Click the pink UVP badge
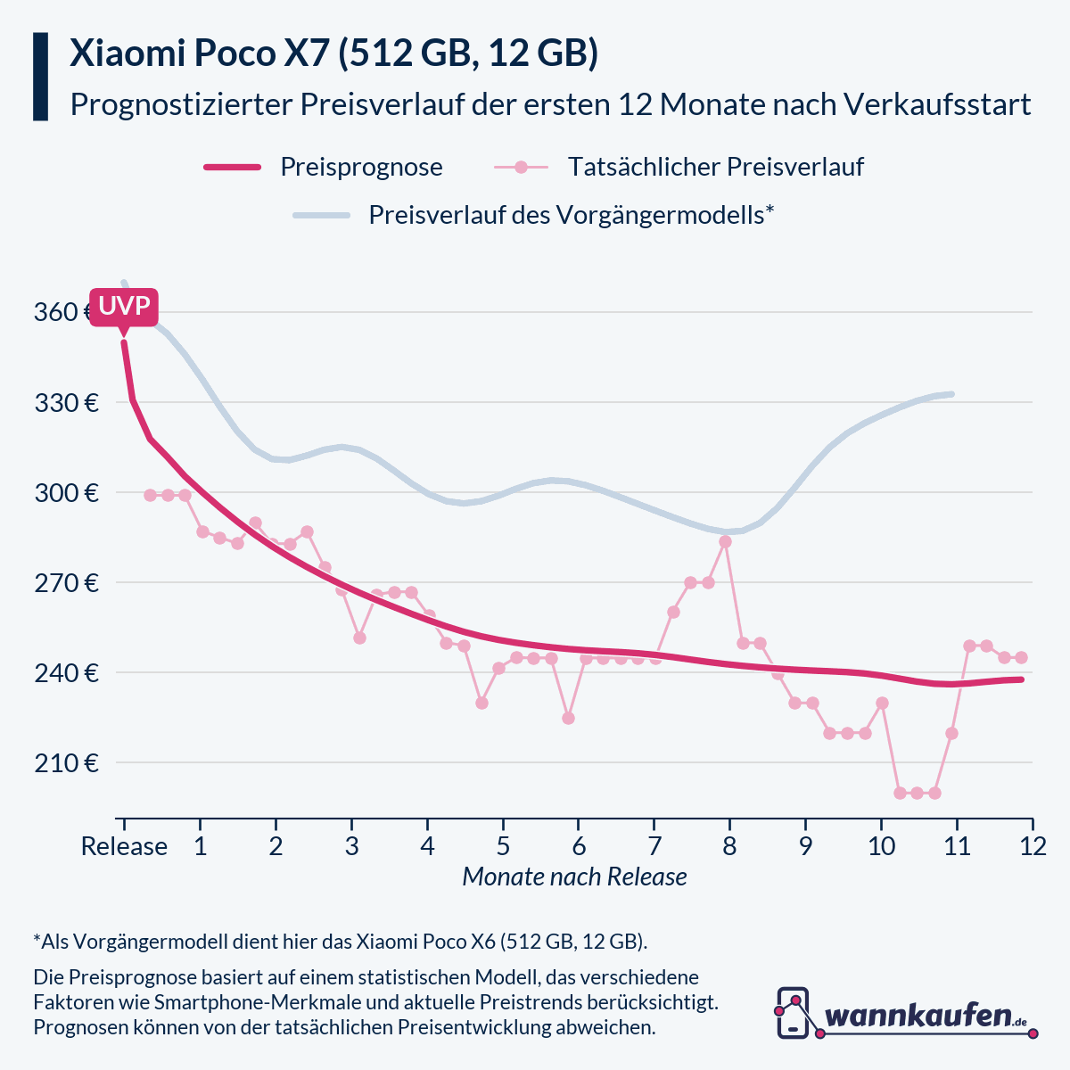(124, 307)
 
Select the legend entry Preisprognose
(360, 167)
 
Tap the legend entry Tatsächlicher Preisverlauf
(715, 167)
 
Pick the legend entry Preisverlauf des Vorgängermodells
(570, 215)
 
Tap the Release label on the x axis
(124, 846)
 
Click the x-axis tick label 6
(579, 846)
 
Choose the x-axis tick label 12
(1033, 846)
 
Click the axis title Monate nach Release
(574, 877)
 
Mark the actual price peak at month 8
(725, 541)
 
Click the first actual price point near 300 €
(150, 495)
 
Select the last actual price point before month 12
(1021, 657)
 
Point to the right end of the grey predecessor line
(952, 394)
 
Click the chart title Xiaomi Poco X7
(333, 53)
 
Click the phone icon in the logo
(793, 1013)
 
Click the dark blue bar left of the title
(40, 77)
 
